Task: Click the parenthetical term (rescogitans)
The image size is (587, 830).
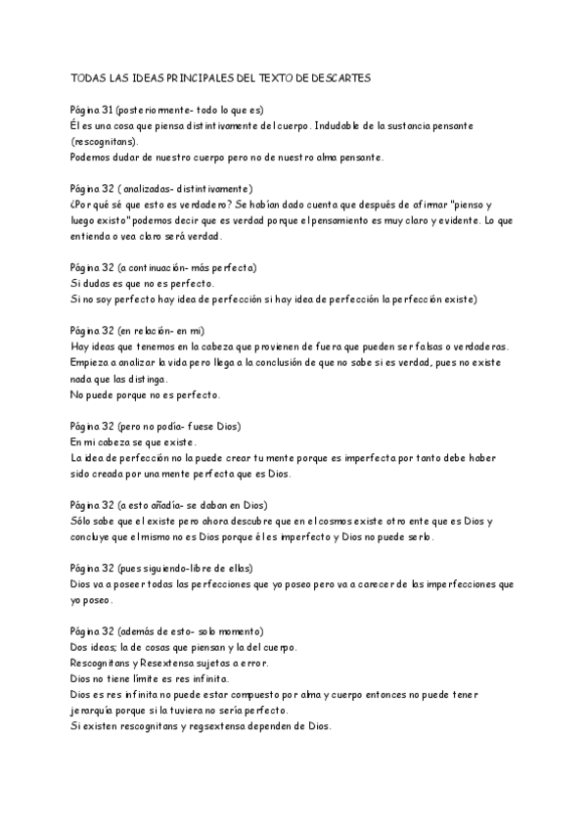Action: [104, 141]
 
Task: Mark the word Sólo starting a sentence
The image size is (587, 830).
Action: [83, 521]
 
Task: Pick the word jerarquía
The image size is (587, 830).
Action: [96, 710]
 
